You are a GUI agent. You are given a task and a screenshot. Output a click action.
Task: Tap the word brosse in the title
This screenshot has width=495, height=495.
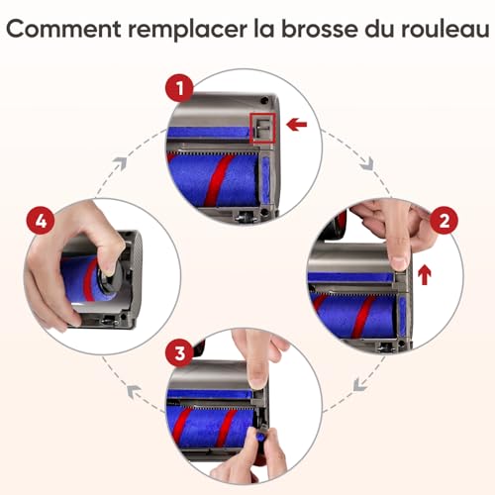pyautogui.click(x=314, y=31)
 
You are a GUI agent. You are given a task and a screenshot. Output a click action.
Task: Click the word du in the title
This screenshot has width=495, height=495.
pyautogui.click(x=372, y=31)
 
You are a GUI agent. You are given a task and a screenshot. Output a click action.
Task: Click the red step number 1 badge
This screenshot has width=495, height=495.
pyautogui.click(x=180, y=90)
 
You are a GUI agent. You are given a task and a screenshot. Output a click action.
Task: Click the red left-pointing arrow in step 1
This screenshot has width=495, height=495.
pyautogui.click(x=297, y=125)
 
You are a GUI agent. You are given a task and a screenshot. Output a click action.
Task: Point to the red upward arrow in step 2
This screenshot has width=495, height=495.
pyautogui.click(x=425, y=273)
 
